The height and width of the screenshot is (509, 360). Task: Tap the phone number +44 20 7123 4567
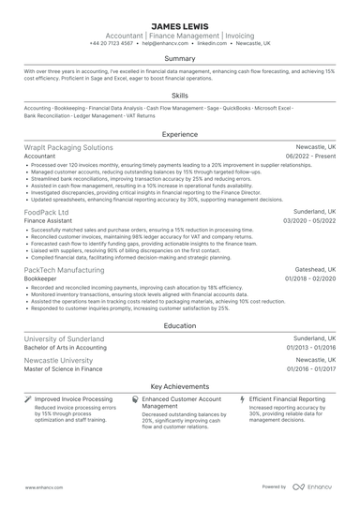coord(112,43)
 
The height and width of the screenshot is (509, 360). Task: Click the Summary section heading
coord(180,58)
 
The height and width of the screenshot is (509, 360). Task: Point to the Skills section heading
coord(180,95)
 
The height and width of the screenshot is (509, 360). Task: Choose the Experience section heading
coord(180,134)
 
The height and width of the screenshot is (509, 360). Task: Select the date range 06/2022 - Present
coord(309,157)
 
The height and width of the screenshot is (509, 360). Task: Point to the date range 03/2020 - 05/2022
coord(308,222)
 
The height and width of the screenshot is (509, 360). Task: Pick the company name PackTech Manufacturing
coord(66,269)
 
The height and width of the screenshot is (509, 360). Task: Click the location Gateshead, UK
coord(314,269)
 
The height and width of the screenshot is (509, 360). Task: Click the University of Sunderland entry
coord(65,338)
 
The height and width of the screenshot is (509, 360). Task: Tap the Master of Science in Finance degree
coord(63,368)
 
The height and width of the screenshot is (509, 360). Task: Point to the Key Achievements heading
coord(180,385)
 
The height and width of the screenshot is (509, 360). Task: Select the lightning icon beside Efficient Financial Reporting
coord(243,399)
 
